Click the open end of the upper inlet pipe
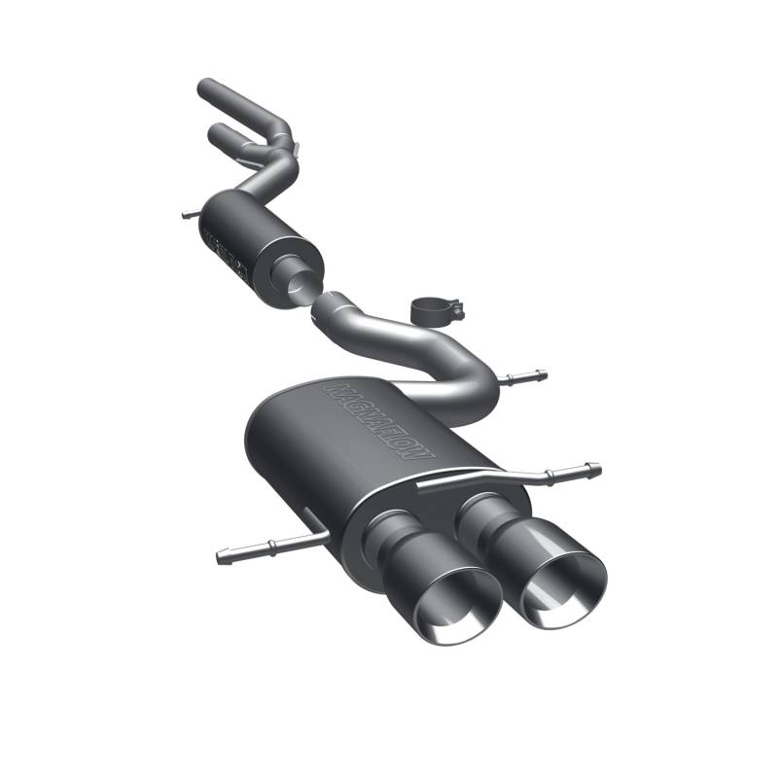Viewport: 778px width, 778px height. click(204, 88)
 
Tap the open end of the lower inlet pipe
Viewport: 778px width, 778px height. click(217, 132)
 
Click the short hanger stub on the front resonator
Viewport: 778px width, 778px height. click(188, 213)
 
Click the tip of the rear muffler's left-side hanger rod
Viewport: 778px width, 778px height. click(222, 557)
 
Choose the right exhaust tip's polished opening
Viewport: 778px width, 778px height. click(562, 589)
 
